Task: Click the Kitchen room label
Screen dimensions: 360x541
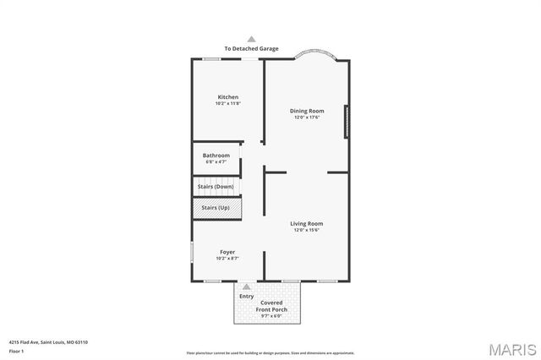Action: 228,97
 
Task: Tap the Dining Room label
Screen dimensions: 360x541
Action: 307,111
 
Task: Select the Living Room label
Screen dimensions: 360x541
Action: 308,224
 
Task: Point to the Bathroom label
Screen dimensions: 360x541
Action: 216,155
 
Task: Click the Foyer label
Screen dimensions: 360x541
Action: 227,252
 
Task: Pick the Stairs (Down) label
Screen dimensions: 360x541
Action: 216,186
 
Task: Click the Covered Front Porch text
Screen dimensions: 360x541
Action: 272,306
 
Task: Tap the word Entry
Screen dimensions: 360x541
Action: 246,296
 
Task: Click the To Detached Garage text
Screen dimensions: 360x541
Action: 251,49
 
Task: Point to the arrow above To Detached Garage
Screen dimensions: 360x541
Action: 251,39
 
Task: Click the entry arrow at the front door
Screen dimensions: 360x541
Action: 246,287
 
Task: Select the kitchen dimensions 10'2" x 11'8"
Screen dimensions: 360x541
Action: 228,104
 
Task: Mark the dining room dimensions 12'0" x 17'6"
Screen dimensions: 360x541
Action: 307,117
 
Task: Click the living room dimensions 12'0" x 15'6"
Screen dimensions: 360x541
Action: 308,231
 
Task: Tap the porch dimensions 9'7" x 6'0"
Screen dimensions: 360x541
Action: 272,316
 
